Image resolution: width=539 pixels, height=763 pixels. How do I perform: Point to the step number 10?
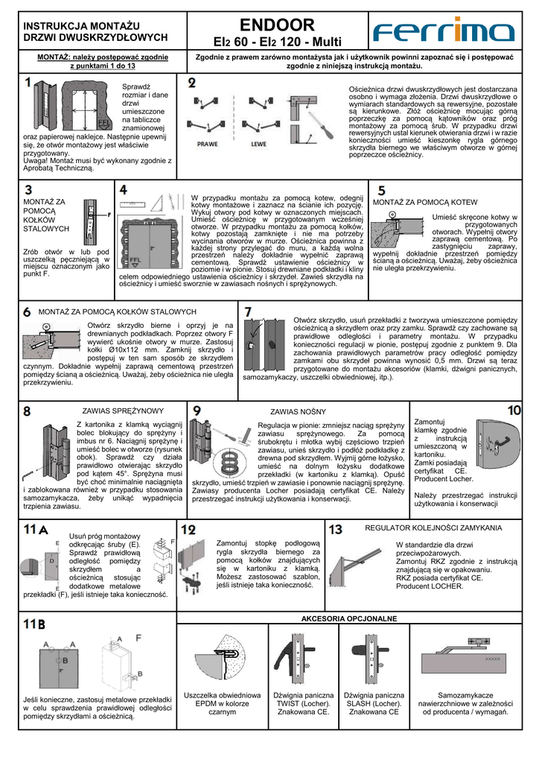[514, 410]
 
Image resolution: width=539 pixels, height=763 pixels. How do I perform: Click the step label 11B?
[34, 623]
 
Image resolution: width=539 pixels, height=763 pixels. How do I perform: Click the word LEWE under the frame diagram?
[258, 143]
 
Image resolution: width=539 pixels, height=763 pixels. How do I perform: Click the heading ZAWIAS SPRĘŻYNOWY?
[123, 411]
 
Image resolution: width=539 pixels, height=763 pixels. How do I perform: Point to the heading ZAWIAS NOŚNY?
[298, 411]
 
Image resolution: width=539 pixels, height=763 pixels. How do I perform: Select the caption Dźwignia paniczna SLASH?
[373, 703]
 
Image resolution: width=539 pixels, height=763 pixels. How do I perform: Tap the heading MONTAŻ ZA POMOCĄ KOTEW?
[425, 202]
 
